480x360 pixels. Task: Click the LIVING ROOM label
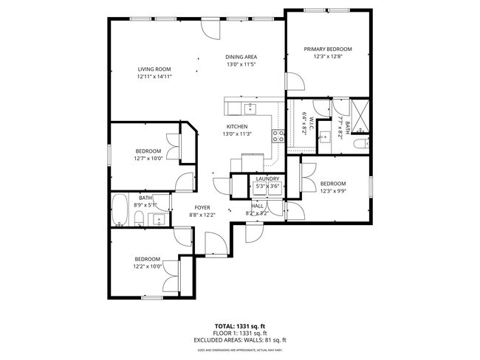(x=154, y=69)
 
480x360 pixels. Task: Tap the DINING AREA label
(x=241, y=57)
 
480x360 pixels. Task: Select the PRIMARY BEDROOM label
(x=328, y=49)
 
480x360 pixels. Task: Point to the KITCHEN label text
(x=236, y=126)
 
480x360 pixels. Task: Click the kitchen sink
(x=250, y=109)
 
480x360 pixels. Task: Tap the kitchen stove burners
(x=278, y=135)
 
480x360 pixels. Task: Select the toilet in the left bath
(x=139, y=218)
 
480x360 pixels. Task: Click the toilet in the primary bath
(x=360, y=144)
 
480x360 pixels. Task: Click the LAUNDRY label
(x=267, y=179)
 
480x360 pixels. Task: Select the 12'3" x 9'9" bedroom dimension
(x=332, y=191)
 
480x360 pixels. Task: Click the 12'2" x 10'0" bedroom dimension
(x=148, y=266)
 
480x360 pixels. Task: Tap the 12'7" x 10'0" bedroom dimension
(x=148, y=158)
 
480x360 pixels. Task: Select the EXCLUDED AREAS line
(x=239, y=339)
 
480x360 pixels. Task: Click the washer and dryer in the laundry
(x=267, y=190)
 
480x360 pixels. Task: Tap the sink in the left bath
(x=157, y=218)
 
